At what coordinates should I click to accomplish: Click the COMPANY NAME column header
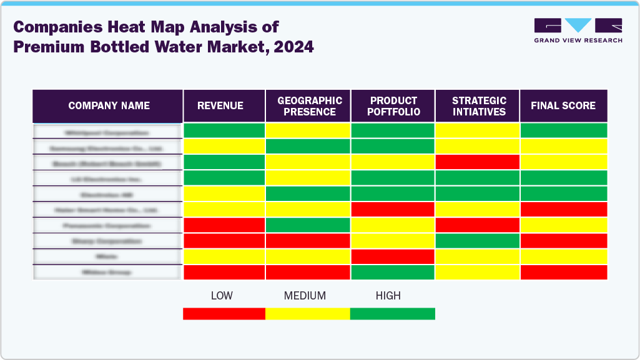coord(109,105)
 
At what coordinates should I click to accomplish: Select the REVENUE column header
coord(220,105)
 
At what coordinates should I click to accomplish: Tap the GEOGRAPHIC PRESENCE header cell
coord(310,106)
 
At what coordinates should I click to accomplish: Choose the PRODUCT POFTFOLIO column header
coord(393,106)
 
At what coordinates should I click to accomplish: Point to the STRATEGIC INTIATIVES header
coord(478,106)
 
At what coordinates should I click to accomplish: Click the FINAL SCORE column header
coord(563,105)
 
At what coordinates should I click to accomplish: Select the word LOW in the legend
coord(222,296)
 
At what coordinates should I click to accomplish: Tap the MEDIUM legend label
coord(305,296)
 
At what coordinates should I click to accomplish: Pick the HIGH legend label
coord(388,296)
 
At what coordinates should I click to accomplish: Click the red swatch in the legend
coord(224,313)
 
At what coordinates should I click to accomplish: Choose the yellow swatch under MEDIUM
coord(307,313)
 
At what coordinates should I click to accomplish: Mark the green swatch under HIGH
coord(392,313)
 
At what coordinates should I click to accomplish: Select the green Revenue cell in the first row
coord(224,130)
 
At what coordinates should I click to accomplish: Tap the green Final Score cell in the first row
coord(563,130)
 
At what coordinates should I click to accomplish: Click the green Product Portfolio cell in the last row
coord(393,272)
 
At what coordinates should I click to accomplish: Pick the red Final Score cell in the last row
coord(563,272)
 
